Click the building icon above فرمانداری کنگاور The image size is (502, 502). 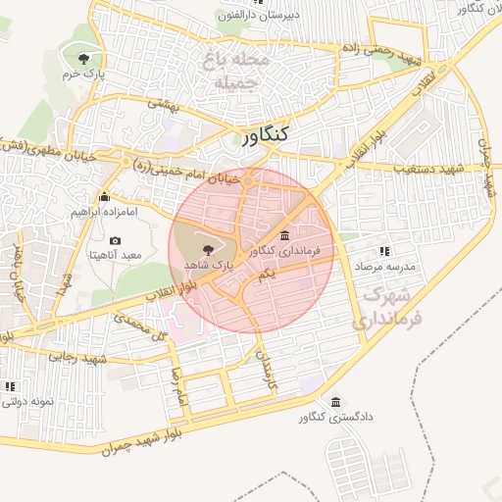tap(284, 235)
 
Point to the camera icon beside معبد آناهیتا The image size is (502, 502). tap(116, 240)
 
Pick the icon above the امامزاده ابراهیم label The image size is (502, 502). tap(105, 197)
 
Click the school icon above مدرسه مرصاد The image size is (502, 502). tap(384, 251)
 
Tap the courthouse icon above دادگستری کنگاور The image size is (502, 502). tap(336, 403)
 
